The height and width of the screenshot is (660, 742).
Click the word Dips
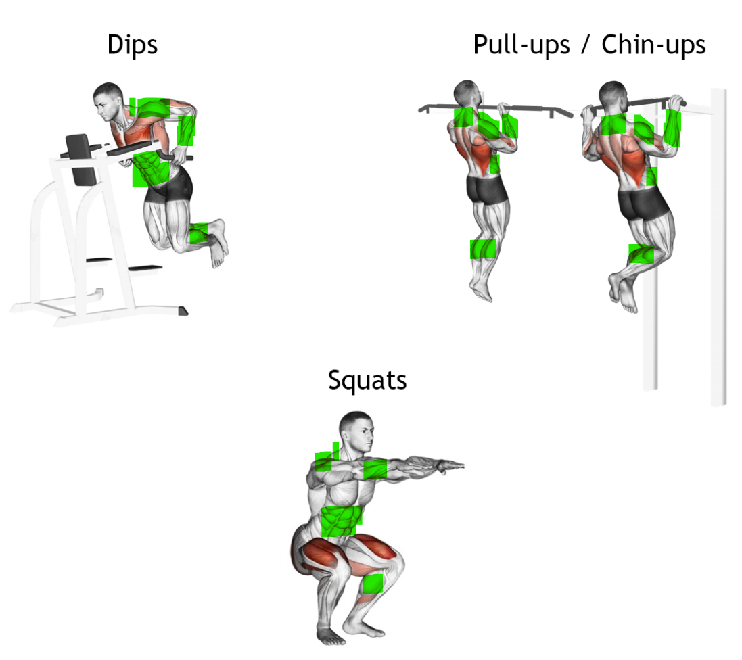133,45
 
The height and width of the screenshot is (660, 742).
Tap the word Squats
367,381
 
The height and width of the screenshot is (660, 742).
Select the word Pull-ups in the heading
521,45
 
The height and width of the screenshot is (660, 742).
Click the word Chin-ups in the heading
653,45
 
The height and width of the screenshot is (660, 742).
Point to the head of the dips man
109,101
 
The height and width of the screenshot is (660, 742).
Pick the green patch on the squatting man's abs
342,521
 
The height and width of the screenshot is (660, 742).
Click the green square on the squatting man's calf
373,584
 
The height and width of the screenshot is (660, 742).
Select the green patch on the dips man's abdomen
150,170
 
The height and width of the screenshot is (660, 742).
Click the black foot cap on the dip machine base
183,311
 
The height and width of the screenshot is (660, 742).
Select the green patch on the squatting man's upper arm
375,469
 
